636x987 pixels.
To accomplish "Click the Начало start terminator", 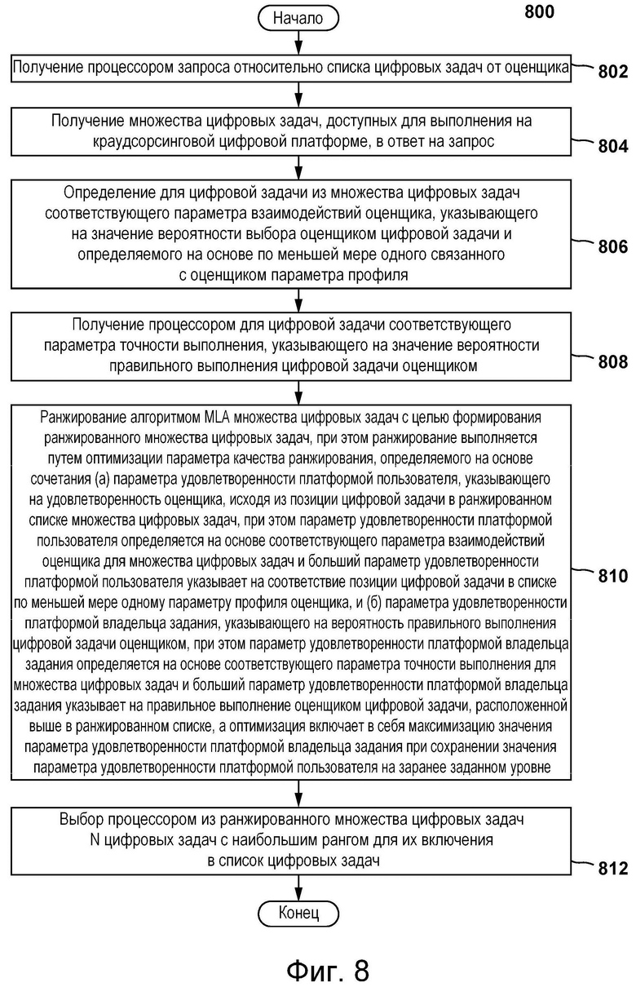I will pos(298,16).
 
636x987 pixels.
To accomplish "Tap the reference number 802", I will pos(612,72).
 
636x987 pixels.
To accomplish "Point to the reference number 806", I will pos(612,246).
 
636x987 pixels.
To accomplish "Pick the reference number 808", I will pos(612,361).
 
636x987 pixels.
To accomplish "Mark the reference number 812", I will pos(612,868).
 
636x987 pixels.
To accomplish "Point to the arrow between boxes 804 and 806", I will pos(298,167).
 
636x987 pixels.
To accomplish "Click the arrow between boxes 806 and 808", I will pos(298,300).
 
